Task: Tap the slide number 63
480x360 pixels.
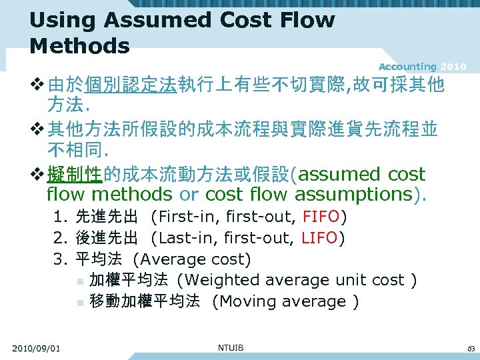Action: (471, 349)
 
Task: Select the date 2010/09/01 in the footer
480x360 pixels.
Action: (36, 349)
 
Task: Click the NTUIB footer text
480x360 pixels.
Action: (231, 348)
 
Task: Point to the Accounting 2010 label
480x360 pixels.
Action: (422, 67)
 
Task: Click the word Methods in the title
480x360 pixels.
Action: (79, 46)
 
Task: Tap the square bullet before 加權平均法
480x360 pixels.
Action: (79, 281)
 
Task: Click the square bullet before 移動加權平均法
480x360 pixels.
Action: (79, 302)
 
